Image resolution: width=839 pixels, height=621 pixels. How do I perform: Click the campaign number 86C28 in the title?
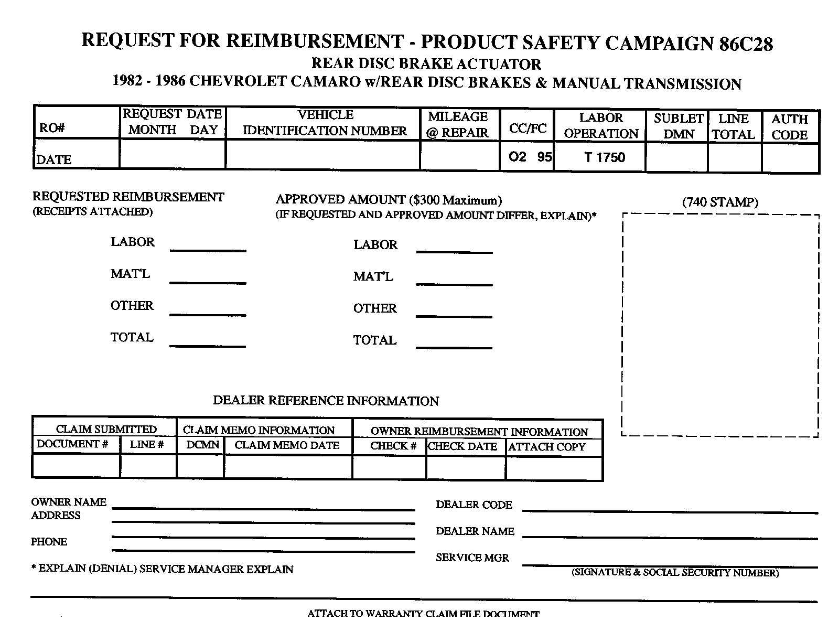click(746, 44)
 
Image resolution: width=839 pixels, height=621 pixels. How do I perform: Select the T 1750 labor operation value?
click(605, 157)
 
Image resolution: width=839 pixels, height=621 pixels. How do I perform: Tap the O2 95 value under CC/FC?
click(530, 157)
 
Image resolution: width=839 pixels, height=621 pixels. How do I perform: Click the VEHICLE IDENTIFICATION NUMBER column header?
click(325, 123)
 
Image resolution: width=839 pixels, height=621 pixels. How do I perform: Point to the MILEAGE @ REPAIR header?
click(458, 124)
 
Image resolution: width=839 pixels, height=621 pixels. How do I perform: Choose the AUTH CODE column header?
click(789, 127)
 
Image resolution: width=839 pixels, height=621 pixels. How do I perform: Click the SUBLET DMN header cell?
click(679, 126)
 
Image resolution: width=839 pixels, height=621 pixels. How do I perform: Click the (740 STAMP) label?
click(720, 202)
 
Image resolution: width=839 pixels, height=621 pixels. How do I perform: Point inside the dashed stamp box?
click(720, 325)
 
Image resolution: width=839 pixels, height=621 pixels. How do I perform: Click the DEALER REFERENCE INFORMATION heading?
click(326, 401)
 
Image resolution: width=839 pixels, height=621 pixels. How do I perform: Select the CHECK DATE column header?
click(462, 446)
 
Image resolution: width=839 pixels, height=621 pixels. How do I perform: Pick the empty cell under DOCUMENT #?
click(76, 466)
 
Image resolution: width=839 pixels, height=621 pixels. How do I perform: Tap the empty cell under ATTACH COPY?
click(554, 468)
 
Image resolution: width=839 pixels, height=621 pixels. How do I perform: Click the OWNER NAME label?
click(69, 502)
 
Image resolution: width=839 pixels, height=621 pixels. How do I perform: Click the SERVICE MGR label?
click(472, 558)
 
